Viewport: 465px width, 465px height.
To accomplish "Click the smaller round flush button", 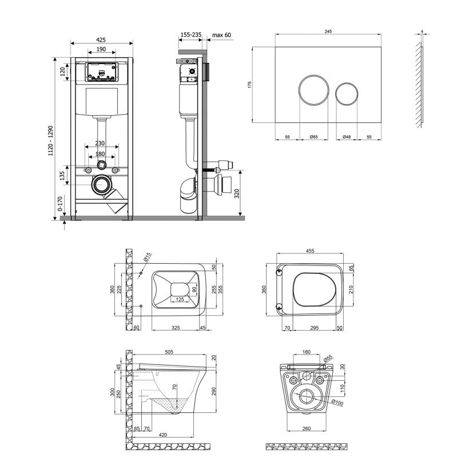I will coord(347,94).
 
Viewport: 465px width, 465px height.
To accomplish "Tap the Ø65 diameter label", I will coord(313,138).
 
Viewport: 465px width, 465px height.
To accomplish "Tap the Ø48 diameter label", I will coord(347,138).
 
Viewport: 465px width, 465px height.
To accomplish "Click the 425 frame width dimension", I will coord(101,40).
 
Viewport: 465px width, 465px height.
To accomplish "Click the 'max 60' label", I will coord(221,35).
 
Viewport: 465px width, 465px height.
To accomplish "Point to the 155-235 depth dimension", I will coord(190,35).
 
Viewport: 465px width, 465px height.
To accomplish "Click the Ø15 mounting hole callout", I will coord(147,257).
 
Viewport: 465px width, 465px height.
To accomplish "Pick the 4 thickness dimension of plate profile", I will coord(422,31).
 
